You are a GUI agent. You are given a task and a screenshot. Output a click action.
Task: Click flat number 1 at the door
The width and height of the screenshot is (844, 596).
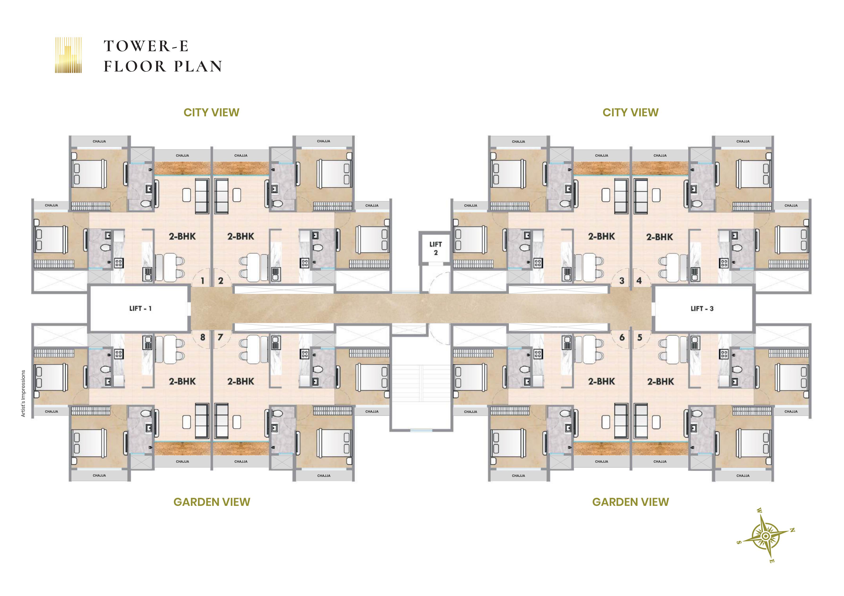[x=202, y=281]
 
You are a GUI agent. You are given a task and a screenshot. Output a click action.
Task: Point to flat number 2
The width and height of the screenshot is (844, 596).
[x=221, y=281]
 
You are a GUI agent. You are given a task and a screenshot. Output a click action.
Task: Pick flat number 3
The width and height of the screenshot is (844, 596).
[x=622, y=281]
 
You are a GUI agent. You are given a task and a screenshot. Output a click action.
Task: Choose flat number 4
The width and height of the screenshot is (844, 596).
[x=639, y=281]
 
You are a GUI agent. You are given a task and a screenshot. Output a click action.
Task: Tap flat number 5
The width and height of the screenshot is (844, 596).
[x=640, y=337]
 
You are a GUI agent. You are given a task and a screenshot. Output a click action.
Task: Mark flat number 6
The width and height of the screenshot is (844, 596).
[x=622, y=337]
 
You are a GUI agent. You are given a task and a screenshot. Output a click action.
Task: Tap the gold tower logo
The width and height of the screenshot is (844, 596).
[x=68, y=55]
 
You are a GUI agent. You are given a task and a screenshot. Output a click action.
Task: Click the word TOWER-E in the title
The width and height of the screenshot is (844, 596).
[x=146, y=46]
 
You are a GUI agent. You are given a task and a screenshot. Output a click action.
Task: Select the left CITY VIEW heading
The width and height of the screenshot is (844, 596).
[x=211, y=112]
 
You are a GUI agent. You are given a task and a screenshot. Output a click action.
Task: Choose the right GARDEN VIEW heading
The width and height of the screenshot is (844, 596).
[x=630, y=502]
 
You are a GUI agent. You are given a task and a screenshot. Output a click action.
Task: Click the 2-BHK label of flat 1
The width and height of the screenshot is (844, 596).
[x=182, y=236]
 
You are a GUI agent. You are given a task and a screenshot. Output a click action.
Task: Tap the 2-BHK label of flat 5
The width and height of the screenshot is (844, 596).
[x=660, y=382]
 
